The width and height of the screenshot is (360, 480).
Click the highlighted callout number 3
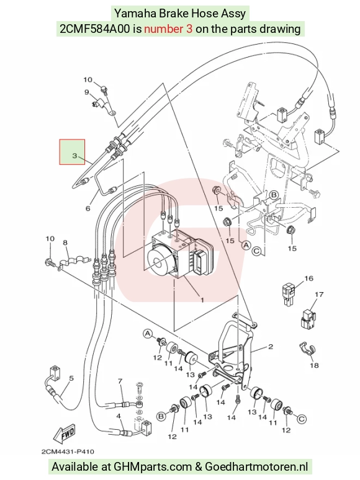[74, 156]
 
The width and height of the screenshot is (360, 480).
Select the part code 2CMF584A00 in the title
[95, 29]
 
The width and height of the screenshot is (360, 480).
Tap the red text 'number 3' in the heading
[168, 29]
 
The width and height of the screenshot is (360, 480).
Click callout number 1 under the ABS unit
[202, 300]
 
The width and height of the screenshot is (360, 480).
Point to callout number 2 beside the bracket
[270, 347]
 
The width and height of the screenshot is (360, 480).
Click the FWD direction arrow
[64, 434]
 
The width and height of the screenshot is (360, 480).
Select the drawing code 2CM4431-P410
[68, 451]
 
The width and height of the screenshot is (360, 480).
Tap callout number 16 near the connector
[309, 278]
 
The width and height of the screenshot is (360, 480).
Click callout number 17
[319, 294]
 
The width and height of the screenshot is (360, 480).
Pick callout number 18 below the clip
[314, 365]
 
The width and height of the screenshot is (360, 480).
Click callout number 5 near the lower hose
[71, 378]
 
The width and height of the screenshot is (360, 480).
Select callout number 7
[120, 381]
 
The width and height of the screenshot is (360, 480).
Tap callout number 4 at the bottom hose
[119, 416]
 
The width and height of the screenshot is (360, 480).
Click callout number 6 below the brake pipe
[88, 208]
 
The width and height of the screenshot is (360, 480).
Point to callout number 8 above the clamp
[65, 242]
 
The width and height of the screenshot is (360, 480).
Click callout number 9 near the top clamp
[87, 92]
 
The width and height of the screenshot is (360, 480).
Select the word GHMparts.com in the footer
[153, 467]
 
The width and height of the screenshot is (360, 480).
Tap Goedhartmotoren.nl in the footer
[256, 467]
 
